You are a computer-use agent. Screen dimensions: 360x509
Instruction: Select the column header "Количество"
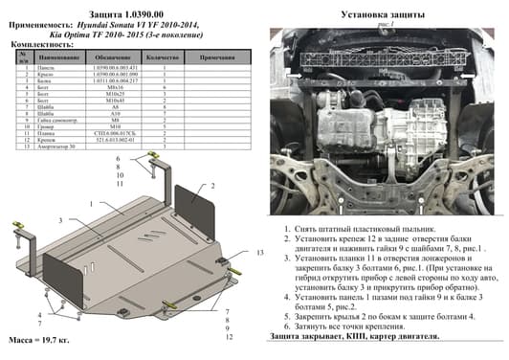166,58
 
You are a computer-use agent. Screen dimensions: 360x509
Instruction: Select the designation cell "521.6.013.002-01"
114,139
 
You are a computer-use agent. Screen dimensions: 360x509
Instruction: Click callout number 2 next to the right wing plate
212,186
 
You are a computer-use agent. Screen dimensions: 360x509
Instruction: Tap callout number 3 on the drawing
60,221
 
